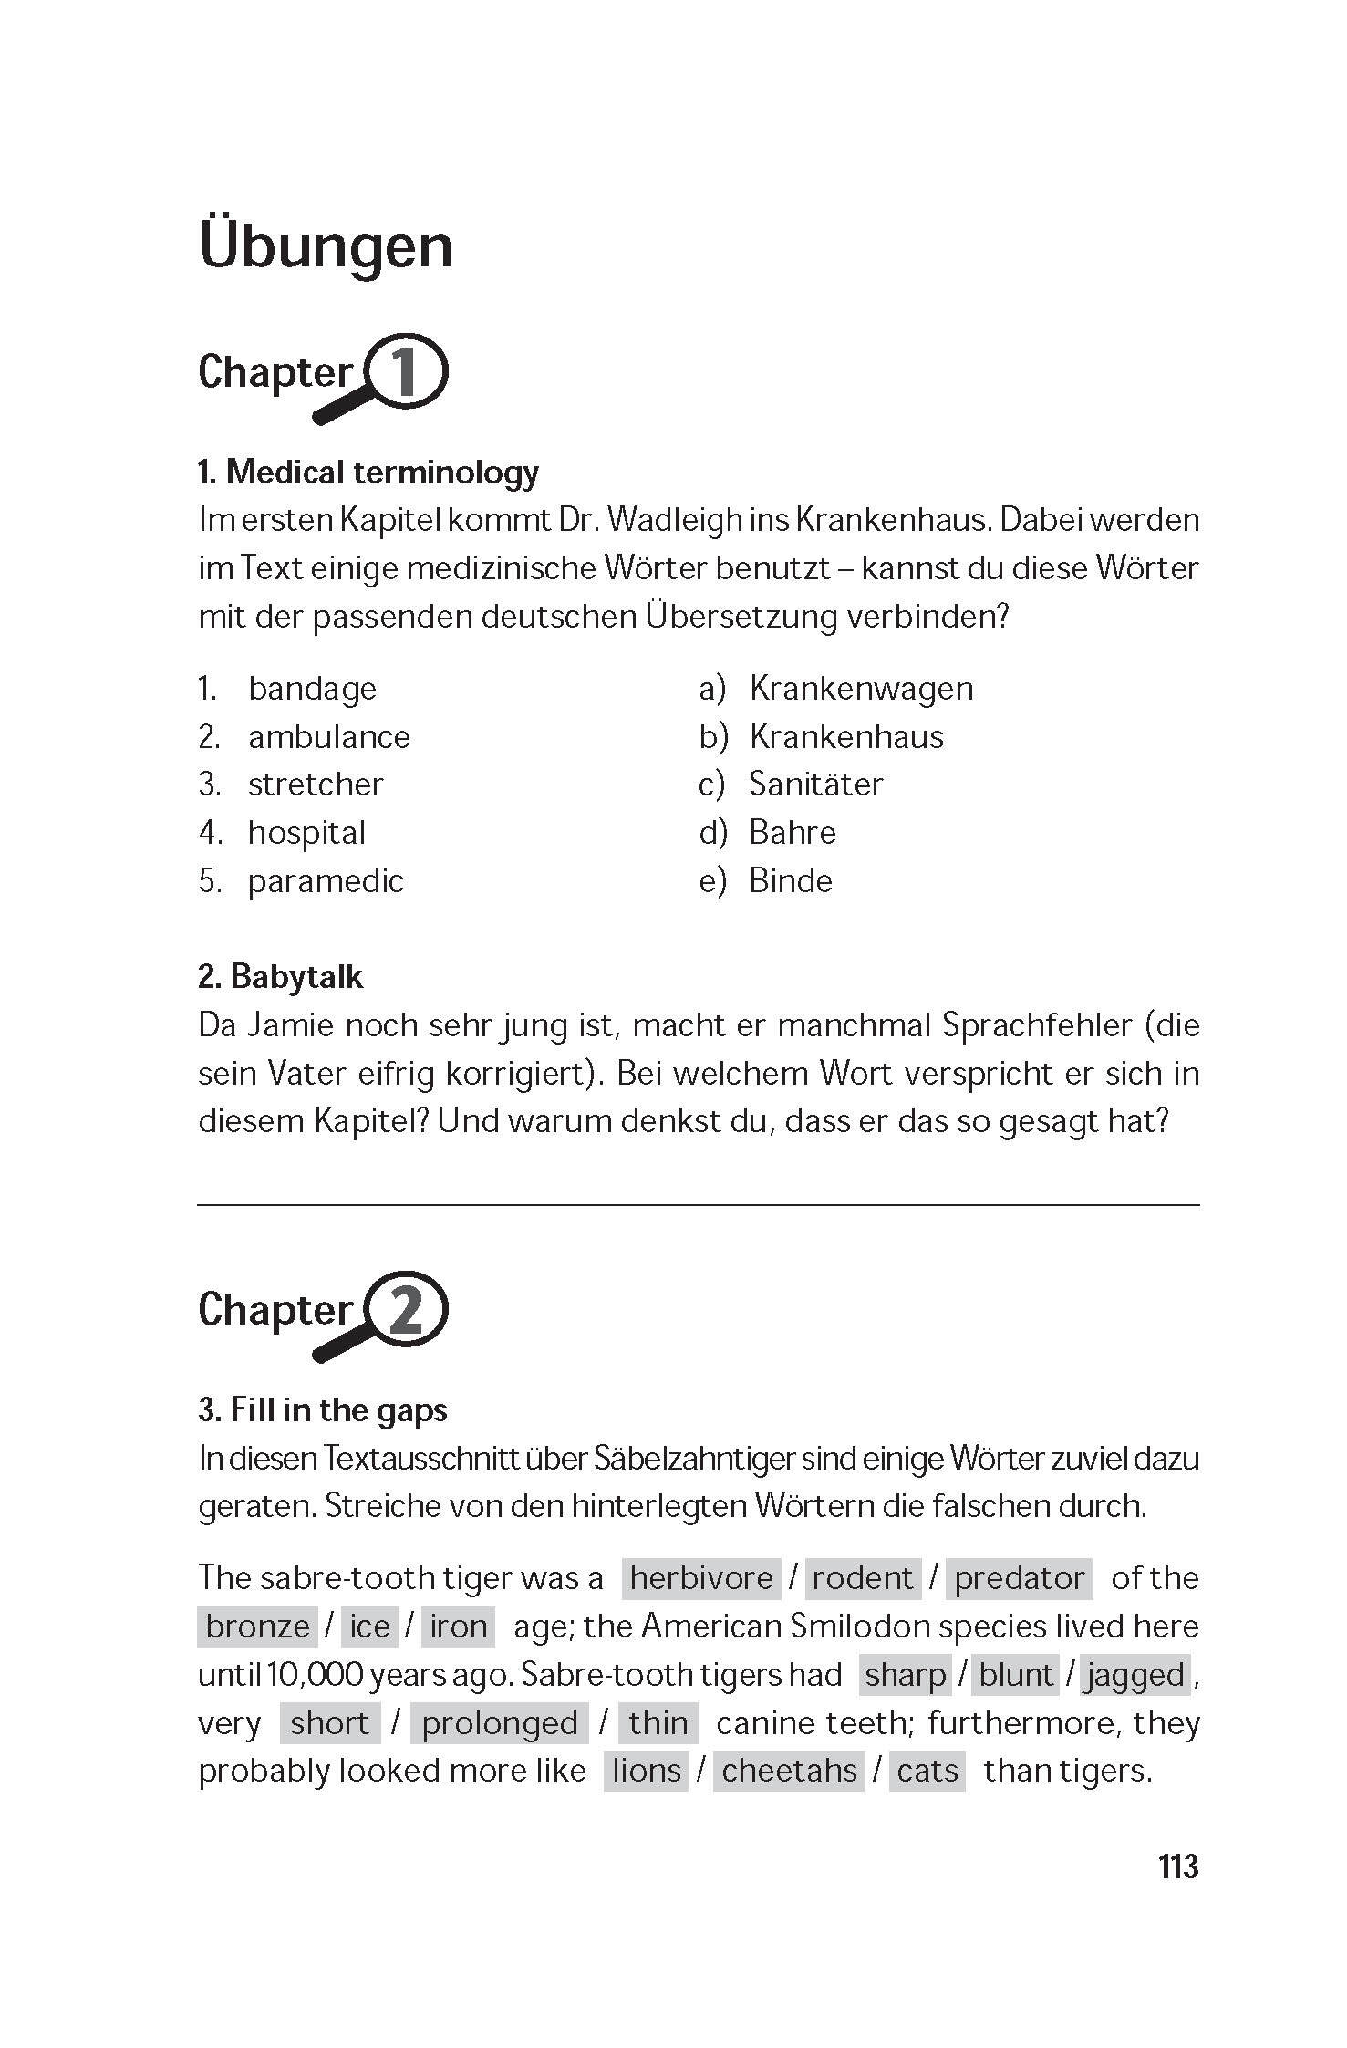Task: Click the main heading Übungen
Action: pos(325,245)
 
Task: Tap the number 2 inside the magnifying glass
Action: pos(405,1310)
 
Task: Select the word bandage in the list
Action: pos(312,689)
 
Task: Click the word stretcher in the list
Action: pos(316,785)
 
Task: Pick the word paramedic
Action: pos(326,881)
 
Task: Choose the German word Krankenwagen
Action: pos(861,689)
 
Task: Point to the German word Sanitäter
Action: pos(815,785)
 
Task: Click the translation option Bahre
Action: pos(792,833)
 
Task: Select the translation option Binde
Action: pos(790,881)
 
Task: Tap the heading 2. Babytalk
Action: pos(280,977)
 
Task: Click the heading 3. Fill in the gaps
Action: pos(322,1410)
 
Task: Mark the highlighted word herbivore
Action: pos(701,1578)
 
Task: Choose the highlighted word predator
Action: pos(1019,1578)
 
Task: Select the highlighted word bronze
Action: pos(257,1627)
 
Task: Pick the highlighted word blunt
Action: pos(1016,1675)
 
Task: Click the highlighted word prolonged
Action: pos(499,1723)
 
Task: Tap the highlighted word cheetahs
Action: pos(789,1771)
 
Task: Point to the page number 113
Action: pos(1177,1866)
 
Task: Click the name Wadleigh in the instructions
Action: pos(673,521)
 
